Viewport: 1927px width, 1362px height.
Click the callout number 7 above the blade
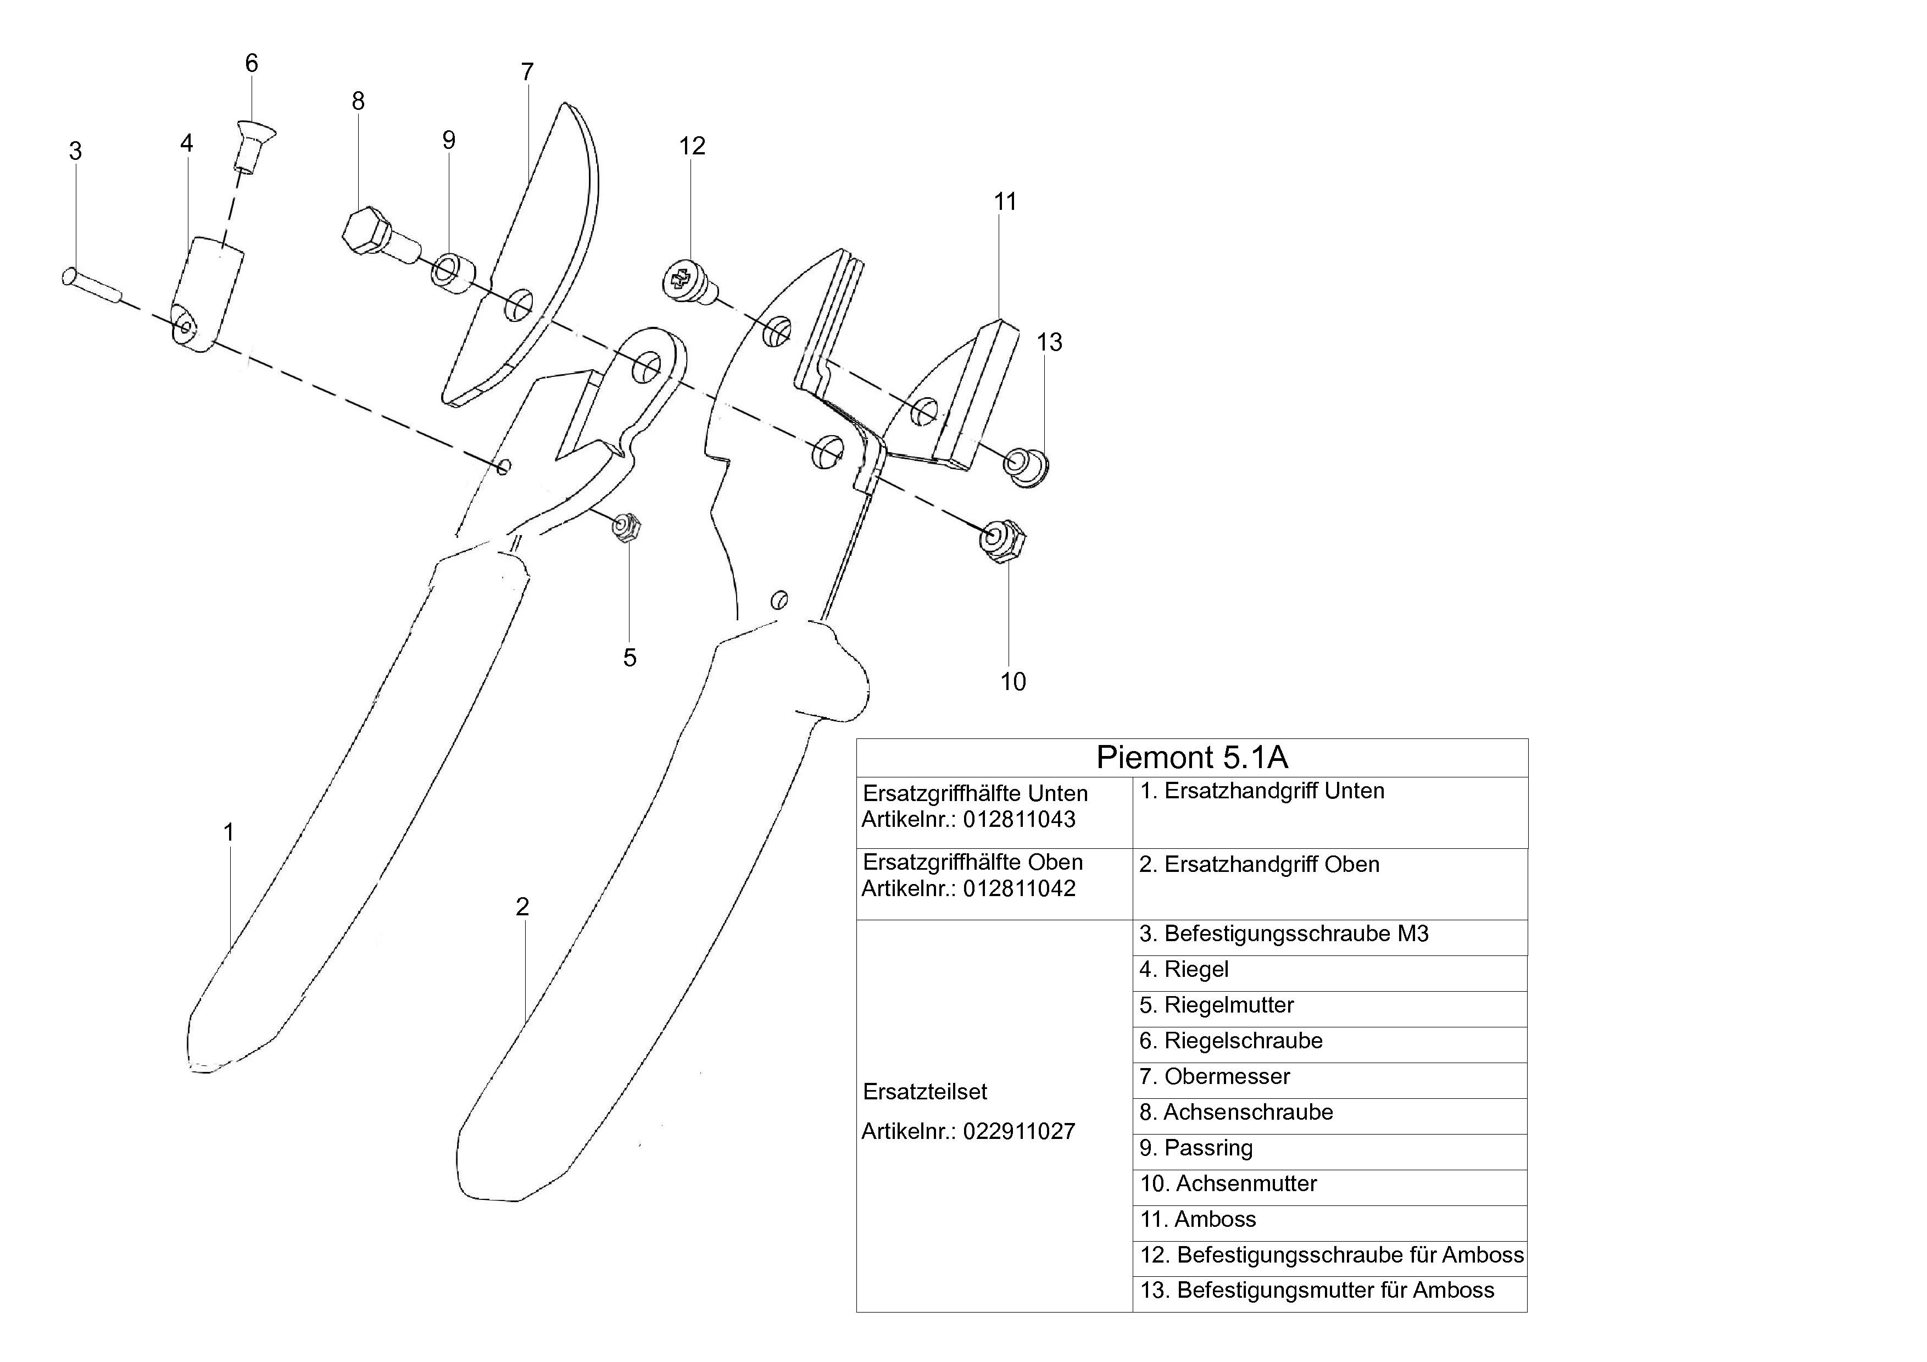(x=527, y=72)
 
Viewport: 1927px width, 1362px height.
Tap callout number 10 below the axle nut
(x=1013, y=681)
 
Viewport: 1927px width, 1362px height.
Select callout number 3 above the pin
(x=76, y=151)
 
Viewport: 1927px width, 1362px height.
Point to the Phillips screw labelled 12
(x=687, y=280)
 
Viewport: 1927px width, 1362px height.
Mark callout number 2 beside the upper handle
(x=523, y=907)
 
